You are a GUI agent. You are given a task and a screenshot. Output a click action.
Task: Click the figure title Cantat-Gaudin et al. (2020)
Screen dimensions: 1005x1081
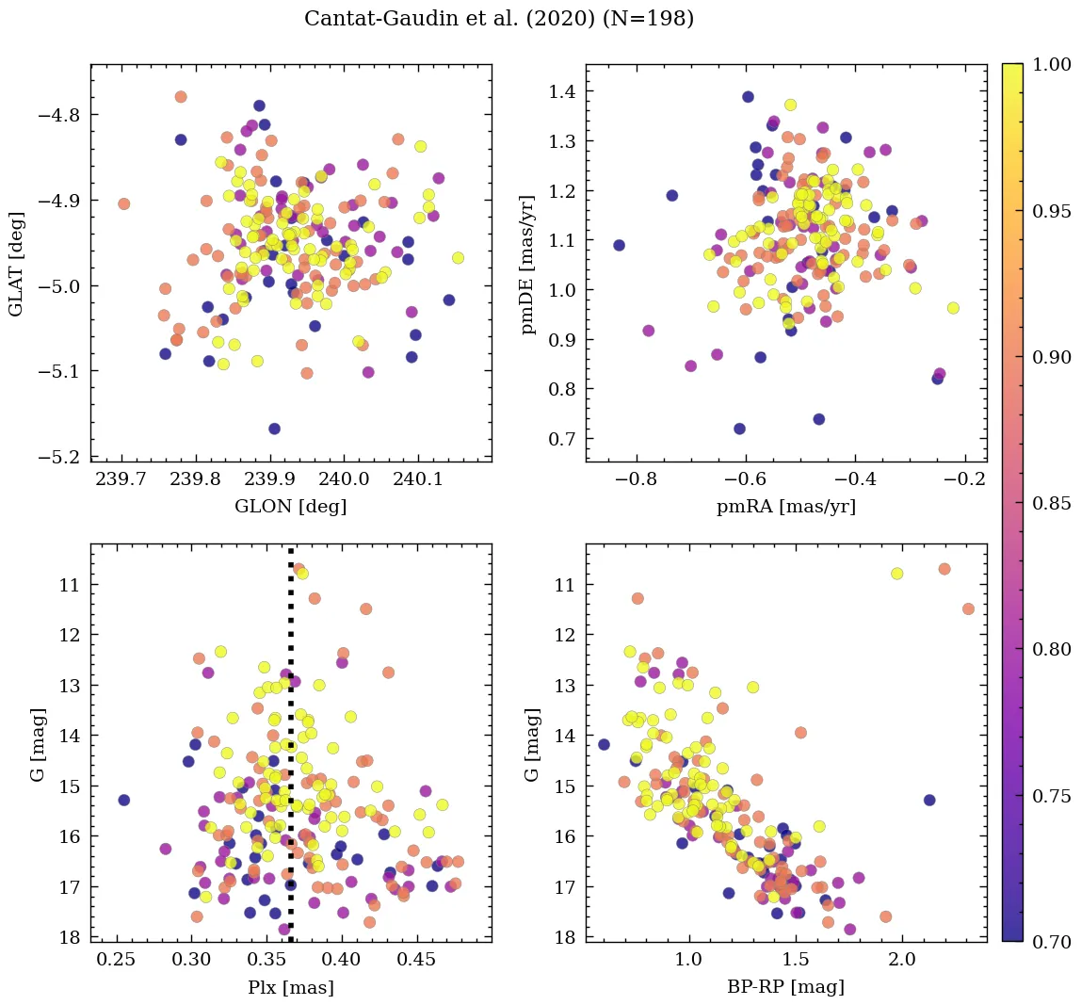(x=499, y=19)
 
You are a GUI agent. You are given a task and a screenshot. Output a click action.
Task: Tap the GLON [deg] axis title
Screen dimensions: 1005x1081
(x=290, y=507)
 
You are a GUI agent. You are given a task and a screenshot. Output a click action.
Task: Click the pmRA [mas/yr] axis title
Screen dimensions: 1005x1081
(x=786, y=507)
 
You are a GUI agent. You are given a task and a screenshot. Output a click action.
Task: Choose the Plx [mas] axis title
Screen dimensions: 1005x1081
(x=290, y=987)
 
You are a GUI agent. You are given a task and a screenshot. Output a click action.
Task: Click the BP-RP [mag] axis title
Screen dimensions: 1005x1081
(x=786, y=987)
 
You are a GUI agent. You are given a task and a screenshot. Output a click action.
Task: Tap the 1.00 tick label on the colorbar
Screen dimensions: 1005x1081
(x=1053, y=64)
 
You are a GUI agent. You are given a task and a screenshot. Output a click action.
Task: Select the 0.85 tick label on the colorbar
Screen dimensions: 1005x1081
(x=1053, y=503)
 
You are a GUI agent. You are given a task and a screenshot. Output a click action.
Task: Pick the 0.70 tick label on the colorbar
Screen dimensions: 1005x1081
(x=1053, y=942)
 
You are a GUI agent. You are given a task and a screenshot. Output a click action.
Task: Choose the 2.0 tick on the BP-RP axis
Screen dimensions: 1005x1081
(x=902, y=961)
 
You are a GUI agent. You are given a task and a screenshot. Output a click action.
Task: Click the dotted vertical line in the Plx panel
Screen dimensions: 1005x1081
(x=290, y=754)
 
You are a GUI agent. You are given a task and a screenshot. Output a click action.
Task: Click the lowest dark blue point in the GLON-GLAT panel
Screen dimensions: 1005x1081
(x=274, y=429)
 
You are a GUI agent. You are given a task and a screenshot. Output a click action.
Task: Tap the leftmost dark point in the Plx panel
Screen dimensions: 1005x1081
(x=123, y=800)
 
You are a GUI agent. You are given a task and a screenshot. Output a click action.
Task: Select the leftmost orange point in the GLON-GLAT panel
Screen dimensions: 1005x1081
(x=123, y=203)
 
